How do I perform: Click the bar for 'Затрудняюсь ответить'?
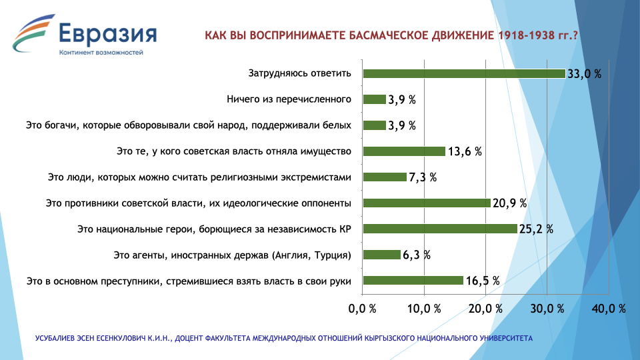[x=464, y=73]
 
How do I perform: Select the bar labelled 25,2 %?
[x=440, y=229]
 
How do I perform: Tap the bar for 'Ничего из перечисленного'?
[x=374, y=99]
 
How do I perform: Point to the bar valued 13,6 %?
[x=404, y=151]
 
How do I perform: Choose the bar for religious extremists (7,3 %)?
[x=385, y=177]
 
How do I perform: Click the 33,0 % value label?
[x=585, y=74]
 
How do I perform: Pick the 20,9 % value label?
[x=510, y=203]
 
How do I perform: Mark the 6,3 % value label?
[x=417, y=255]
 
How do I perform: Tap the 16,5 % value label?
[x=483, y=281]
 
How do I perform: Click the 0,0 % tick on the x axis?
[x=362, y=309]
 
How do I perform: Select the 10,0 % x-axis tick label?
[x=424, y=309]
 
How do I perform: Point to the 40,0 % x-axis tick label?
[x=609, y=309]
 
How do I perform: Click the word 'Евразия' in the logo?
[x=108, y=33]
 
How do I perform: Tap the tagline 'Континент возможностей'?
[x=101, y=52]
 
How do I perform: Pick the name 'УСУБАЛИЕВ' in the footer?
[x=55, y=339]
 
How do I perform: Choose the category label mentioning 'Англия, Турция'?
[x=232, y=255]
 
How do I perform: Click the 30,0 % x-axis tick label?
[x=547, y=309]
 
